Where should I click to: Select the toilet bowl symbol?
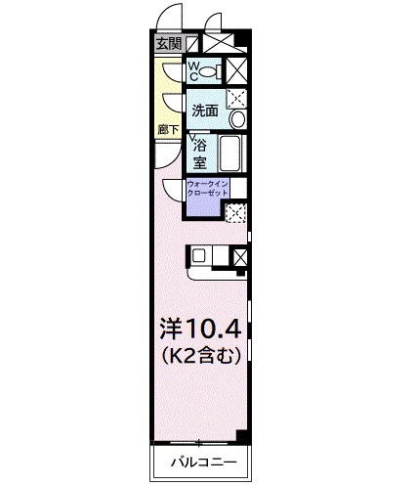coord(211,70)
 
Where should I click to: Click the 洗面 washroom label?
coord(203,110)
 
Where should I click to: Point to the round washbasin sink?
coord(235,119)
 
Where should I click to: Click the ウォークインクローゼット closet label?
coord(207,189)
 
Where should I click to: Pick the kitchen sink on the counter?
coord(199,256)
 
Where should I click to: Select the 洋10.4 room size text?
coord(200,327)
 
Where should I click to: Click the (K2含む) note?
coord(200,355)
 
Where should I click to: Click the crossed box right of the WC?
coord(235,70)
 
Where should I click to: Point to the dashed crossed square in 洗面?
coord(235,97)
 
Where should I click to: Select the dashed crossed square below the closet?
coord(234,212)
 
